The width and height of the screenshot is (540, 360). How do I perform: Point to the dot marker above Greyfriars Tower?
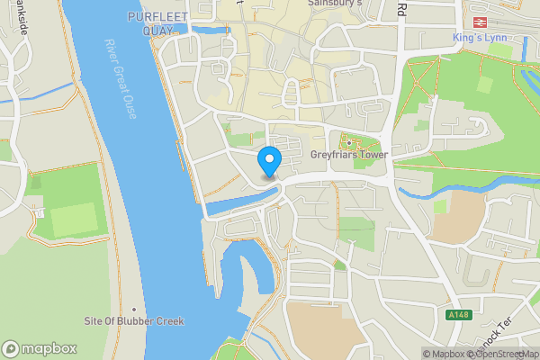click(x=348, y=141)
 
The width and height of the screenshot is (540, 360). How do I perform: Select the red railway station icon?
click(x=479, y=22)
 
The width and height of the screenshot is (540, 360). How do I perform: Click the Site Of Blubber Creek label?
click(x=133, y=321)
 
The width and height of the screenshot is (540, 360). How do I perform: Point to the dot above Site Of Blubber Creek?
click(x=133, y=309)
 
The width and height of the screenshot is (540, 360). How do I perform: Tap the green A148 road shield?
click(x=458, y=315)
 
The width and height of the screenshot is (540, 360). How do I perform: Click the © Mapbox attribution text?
click(x=444, y=354)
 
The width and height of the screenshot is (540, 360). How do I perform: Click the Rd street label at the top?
click(x=402, y=9)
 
